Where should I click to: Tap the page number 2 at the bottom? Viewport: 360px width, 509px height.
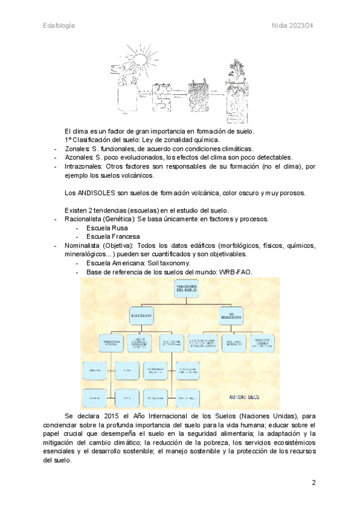point(313,483)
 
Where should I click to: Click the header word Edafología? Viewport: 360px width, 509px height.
point(59,25)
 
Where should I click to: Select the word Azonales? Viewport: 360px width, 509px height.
point(79,157)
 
